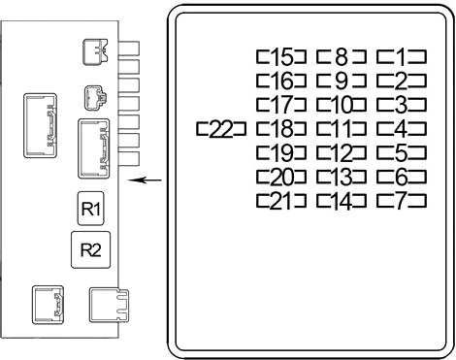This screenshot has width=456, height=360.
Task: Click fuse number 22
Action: click(x=221, y=129)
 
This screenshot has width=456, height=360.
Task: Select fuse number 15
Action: click(x=281, y=57)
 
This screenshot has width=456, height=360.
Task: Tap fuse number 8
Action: click(x=342, y=57)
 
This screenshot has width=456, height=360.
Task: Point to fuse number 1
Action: click(x=402, y=57)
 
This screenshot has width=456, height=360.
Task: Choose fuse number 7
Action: click(x=402, y=201)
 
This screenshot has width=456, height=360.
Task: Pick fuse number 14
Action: click(x=342, y=201)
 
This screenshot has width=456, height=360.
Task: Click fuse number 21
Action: click(x=281, y=201)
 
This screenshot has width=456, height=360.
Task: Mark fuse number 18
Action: click(x=281, y=129)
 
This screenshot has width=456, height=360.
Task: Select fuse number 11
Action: click(x=342, y=129)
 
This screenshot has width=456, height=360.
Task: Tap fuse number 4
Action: click(x=402, y=129)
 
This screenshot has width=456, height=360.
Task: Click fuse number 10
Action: click(x=342, y=105)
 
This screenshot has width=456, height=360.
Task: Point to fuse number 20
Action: click(x=281, y=178)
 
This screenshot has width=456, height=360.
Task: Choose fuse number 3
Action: click(x=402, y=105)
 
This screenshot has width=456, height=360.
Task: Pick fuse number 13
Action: click(x=342, y=178)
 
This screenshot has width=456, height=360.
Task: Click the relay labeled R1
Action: click(x=91, y=209)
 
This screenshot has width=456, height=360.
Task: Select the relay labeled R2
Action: click(x=91, y=249)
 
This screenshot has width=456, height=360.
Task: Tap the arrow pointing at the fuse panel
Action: click(x=145, y=180)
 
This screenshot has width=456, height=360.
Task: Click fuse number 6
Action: click(x=402, y=178)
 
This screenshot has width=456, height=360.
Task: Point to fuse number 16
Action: click(x=281, y=81)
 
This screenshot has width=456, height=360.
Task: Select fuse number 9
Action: click(x=342, y=81)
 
